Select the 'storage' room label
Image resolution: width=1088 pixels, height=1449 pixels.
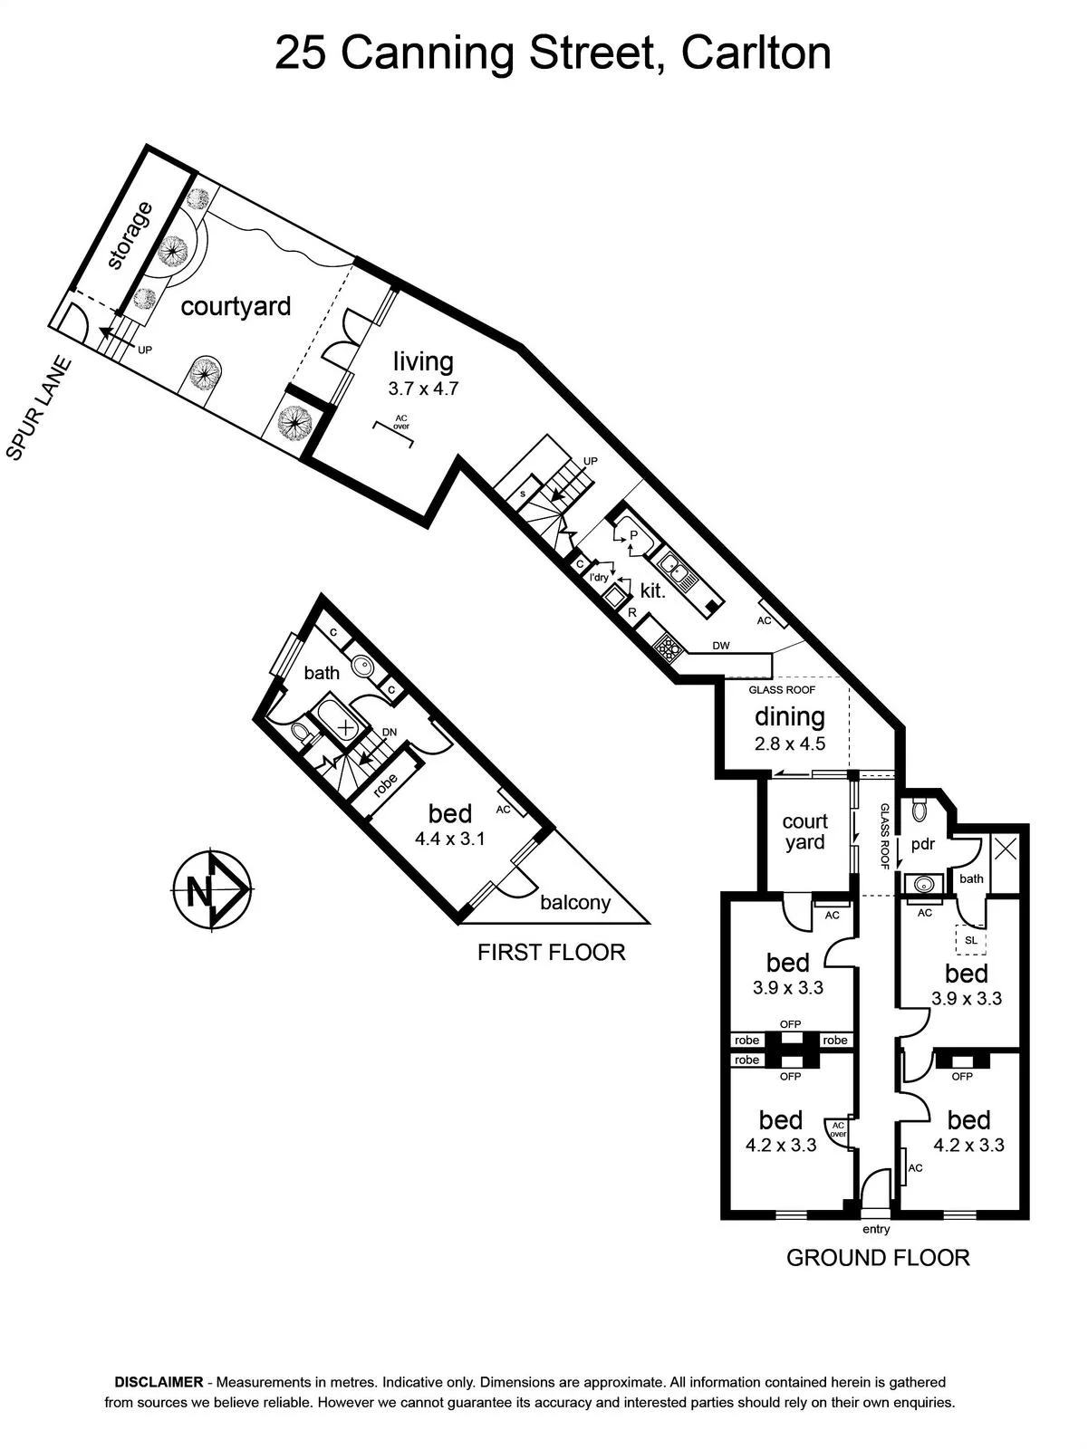[130, 235]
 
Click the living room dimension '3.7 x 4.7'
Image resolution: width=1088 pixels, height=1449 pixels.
[423, 389]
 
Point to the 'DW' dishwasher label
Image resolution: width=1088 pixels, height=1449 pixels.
[721, 646]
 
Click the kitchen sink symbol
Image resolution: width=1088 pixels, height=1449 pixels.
[678, 569]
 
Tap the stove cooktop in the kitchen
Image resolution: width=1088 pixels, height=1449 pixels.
[669, 647]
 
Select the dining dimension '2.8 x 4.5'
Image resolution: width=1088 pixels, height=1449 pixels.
[790, 744]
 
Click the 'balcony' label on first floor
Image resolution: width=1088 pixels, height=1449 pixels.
[575, 902]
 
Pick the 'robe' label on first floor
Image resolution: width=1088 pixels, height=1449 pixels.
[386, 784]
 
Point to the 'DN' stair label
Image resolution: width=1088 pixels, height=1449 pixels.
[390, 732]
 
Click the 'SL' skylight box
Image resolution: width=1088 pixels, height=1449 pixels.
[970, 940]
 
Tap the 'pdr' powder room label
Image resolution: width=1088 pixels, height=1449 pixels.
[922, 844]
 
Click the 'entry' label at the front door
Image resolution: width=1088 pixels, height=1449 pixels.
[876, 1229]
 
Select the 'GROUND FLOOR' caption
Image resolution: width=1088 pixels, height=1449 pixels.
[878, 1258]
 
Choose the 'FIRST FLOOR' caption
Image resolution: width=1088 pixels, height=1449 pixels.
[552, 952]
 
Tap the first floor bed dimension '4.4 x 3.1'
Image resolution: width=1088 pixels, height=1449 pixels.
[449, 839]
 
